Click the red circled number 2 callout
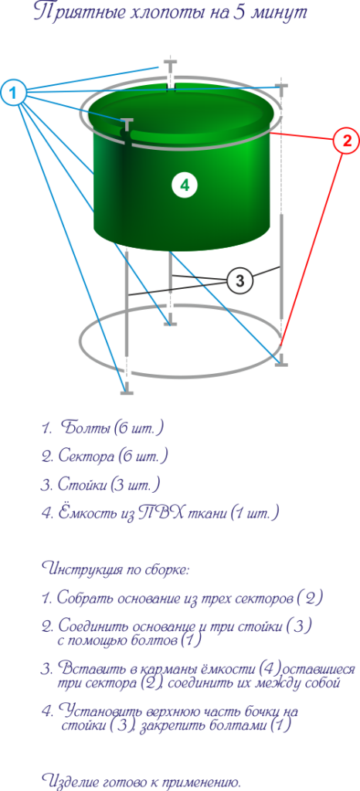tap(346, 141)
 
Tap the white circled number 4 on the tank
tap(185, 185)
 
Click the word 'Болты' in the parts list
tap(86, 428)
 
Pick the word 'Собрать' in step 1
tap(85, 599)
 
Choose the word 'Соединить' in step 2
tap(94, 626)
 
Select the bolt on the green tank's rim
tap(127, 126)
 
